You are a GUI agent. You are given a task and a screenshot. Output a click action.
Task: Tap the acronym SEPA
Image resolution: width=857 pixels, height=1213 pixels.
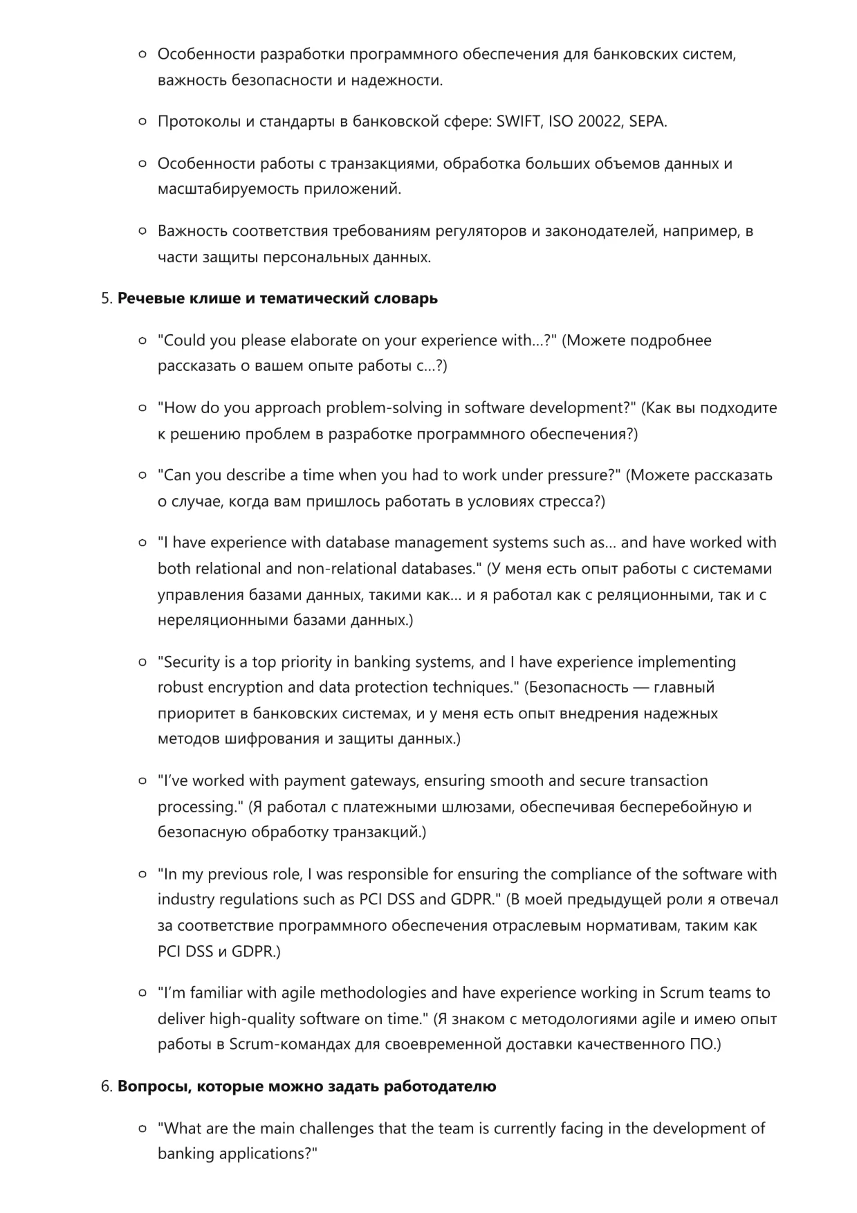(647, 122)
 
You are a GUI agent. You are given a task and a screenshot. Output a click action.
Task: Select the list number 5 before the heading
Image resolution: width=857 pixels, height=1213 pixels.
(106, 298)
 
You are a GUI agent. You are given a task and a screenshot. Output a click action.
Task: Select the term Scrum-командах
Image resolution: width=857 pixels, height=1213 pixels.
(289, 1044)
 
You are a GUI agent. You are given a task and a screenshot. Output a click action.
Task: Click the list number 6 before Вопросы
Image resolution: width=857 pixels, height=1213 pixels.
(106, 1086)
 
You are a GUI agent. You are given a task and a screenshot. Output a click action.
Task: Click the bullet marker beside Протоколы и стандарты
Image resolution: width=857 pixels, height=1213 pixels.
(142, 122)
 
